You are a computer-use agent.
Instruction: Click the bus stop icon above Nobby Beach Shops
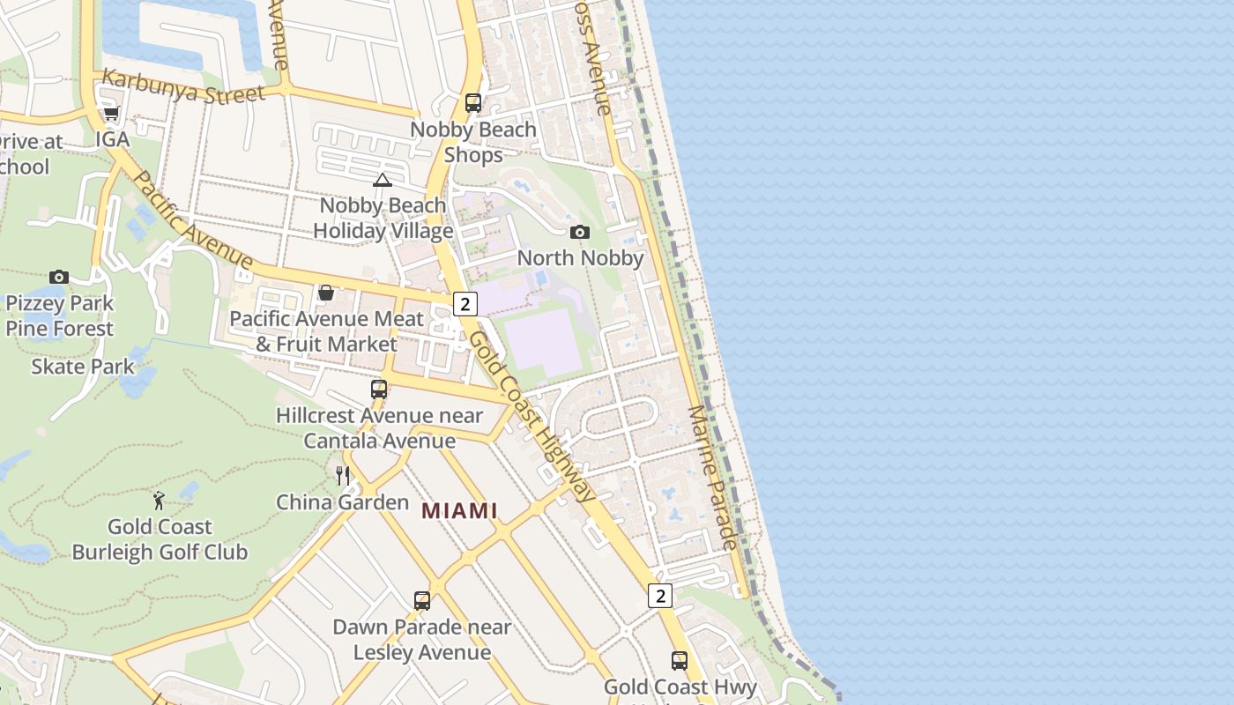point(473,103)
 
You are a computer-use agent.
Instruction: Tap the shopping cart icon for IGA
point(112,114)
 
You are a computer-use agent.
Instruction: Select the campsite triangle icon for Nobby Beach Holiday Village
point(382,181)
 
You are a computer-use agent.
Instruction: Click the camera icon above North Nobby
point(580,232)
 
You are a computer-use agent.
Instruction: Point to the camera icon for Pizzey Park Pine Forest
point(59,277)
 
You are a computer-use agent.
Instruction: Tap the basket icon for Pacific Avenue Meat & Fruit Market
point(326,293)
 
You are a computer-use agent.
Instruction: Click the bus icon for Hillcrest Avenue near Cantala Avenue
point(379,389)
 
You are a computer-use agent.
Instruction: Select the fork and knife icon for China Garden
point(343,476)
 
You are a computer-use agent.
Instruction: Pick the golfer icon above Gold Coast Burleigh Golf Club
point(160,501)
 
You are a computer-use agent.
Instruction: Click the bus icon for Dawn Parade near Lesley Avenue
point(422,601)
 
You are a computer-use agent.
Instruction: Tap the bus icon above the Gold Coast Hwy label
point(680,660)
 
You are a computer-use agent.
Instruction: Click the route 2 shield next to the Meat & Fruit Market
point(465,304)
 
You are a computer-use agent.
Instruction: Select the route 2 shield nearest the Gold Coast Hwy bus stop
point(660,596)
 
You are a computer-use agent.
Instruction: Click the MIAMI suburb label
point(459,511)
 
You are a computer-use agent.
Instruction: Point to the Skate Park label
point(83,367)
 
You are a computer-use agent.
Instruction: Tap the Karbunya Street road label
point(182,86)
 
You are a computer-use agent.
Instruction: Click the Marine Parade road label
point(712,478)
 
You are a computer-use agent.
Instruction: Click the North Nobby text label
point(580,258)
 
